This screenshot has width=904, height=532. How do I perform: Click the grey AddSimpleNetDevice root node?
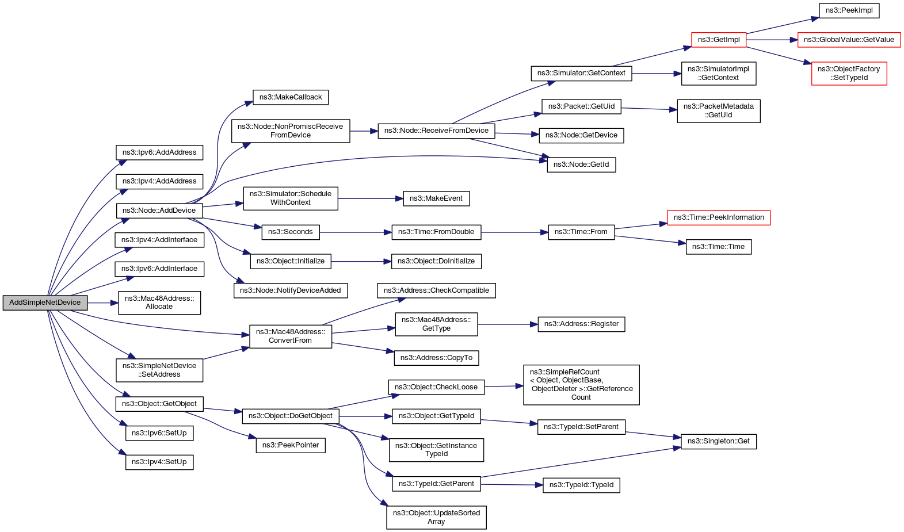45,303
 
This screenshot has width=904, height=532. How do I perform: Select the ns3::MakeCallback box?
291,97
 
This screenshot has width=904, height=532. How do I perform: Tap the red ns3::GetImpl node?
719,40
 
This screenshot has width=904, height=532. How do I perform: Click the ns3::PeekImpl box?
849,10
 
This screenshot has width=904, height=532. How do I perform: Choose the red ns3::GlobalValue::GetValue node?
849,40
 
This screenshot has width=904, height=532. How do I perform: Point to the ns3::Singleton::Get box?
718,441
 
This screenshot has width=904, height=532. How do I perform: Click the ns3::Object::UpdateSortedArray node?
436,517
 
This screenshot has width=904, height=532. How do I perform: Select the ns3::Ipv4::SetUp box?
159,462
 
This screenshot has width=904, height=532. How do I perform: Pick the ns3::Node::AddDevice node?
159,210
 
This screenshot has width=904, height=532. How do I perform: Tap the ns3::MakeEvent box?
436,198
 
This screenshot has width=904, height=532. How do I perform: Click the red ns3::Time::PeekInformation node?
718,217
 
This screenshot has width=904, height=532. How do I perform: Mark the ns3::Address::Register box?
581,324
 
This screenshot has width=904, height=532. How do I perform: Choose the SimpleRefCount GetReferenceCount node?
581,385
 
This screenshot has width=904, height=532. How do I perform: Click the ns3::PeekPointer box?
291,445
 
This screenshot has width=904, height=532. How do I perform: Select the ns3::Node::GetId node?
581,164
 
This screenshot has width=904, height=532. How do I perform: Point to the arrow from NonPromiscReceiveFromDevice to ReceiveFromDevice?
364,131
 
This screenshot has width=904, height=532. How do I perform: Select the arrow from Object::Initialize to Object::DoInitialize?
361,262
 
